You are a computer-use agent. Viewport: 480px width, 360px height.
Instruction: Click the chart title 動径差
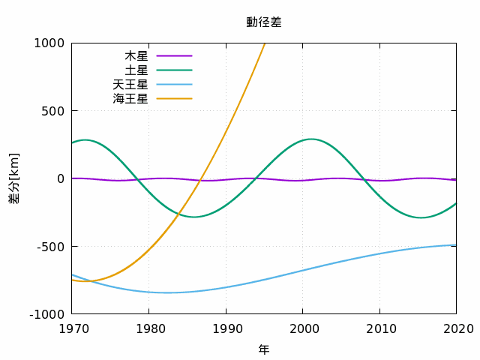tap(264, 22)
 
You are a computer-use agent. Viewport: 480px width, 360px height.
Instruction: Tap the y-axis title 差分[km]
tap(14, 178)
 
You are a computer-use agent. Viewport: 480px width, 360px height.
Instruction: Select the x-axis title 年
tap(264, 349)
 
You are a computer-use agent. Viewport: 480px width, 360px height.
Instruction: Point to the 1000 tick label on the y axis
tap(49, 43)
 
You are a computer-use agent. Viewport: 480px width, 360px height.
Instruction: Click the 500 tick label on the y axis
tap(53, 111)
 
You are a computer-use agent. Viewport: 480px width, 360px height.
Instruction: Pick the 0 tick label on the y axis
tap(61, 178)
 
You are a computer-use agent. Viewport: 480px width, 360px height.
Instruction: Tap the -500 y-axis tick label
tap(51, 247)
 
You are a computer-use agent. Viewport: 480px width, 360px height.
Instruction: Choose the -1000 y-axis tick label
tap(47, 314)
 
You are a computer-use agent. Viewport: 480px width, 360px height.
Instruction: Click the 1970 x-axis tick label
tap(73, 329)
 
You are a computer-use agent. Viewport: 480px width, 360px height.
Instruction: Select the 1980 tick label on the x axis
tap(151, 329)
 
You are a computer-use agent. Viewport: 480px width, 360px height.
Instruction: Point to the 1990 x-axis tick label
tap(227, 329)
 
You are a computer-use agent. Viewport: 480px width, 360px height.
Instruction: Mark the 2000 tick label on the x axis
tap(304, 329)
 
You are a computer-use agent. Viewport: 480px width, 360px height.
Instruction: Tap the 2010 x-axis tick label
tap(381, 329)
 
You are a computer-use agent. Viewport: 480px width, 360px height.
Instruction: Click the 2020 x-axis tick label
tap(458, 329)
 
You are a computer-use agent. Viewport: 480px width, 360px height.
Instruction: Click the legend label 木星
tap(136, 56)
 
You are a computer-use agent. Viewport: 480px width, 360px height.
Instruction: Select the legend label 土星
tap(136, 70)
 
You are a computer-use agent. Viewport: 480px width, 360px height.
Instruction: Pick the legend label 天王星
tap(130, 85)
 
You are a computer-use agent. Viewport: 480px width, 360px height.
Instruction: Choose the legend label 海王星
tap(130, 98)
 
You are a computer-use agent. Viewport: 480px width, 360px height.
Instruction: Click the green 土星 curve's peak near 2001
tap(311, 139)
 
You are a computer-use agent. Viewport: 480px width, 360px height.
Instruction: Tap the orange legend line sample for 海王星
tap(174, 98)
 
